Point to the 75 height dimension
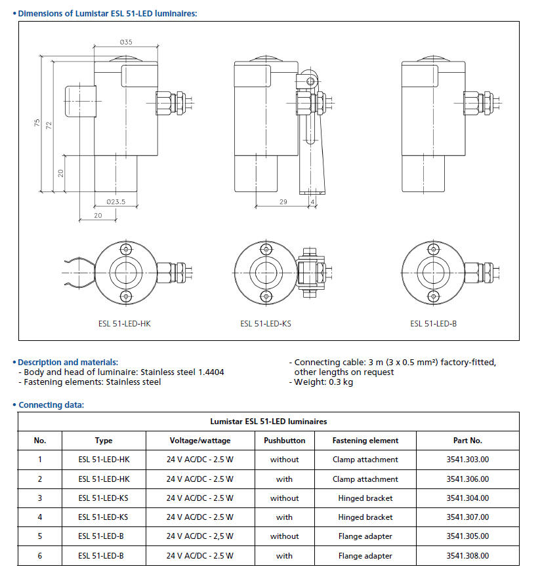point(37,123)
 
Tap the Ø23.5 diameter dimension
point(115,202)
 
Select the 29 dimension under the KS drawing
point(283,202)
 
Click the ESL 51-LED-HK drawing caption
point(124,323)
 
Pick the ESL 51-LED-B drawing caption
point(433,323)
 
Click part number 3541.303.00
point(467,460)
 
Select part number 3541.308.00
point(467,556)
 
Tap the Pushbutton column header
point(284,441)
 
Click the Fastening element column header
point(365,441)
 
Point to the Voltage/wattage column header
point(199,441)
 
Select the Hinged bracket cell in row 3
point(365,498)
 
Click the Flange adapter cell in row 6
point(365,556)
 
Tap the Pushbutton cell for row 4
point(284,517)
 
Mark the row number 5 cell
point(40,536)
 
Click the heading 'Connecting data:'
point(51,405)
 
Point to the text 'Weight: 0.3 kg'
point(323,382)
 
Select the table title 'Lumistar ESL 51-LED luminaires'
point(268,422)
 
